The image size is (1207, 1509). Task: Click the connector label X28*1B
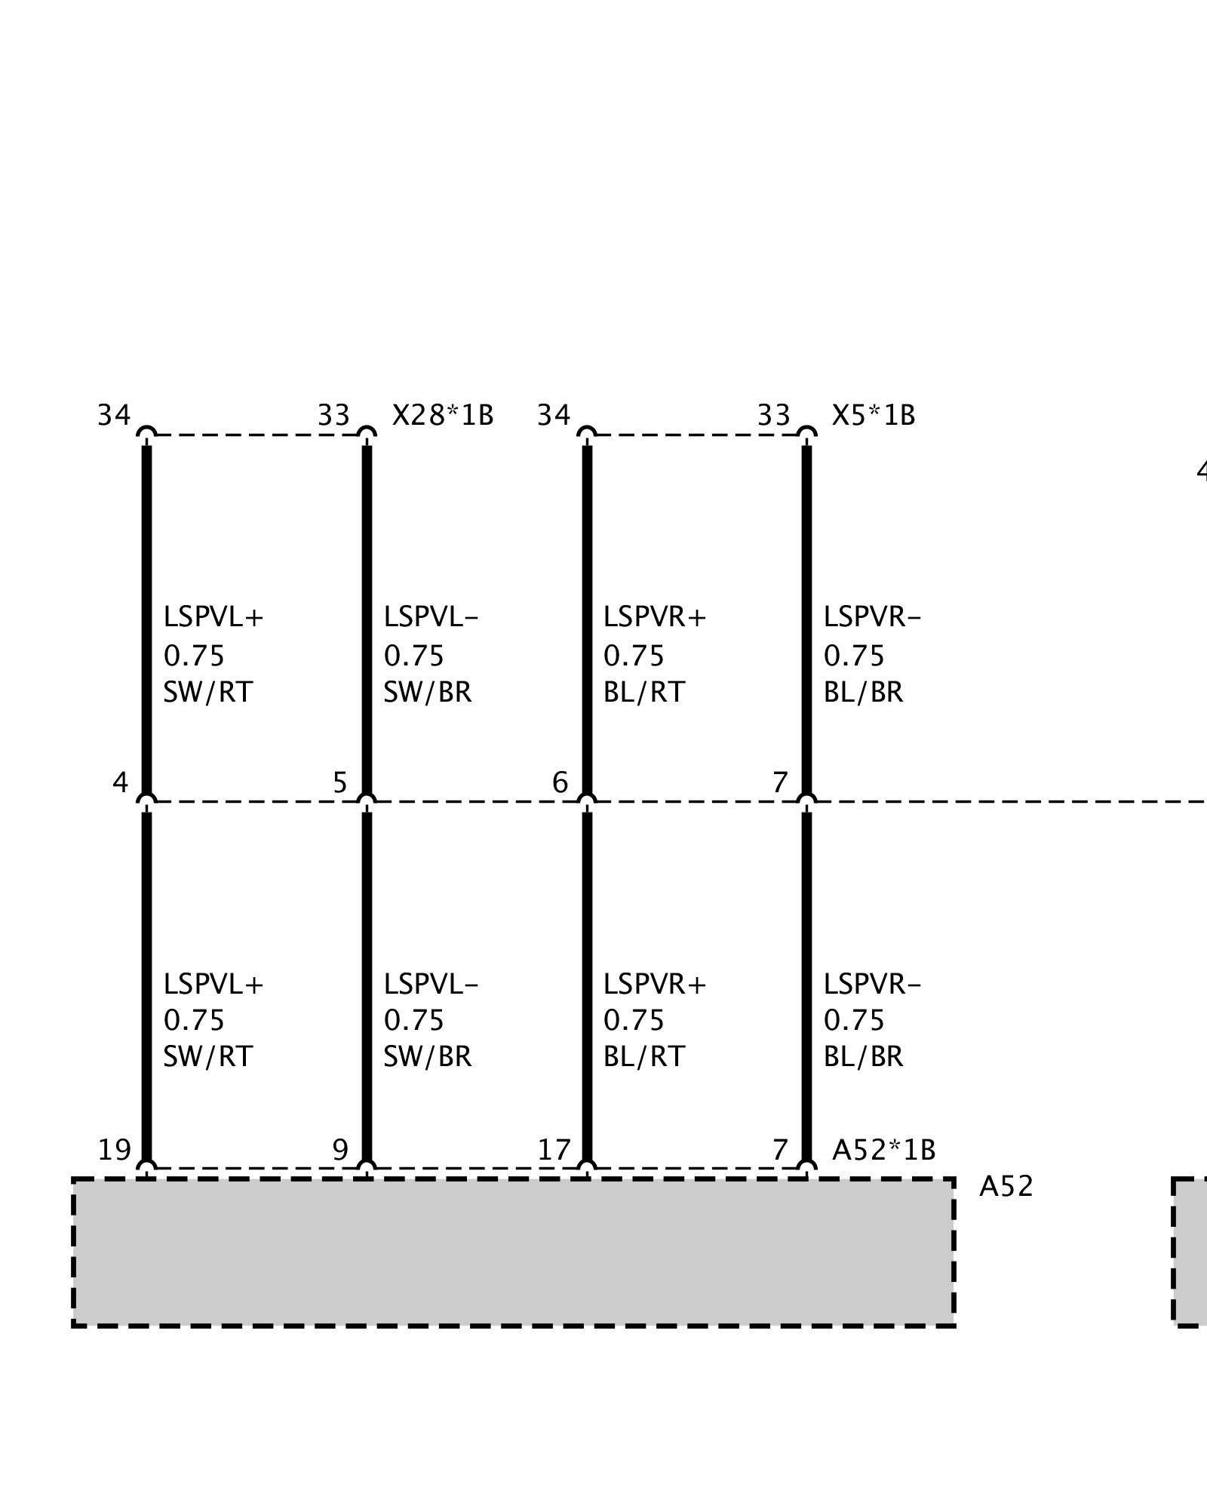click(x=442, y=416)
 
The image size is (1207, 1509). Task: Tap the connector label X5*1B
click(x=873, y=416)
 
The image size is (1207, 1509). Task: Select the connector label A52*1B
click(x=883, y=1150)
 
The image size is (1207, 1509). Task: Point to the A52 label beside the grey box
click(x=1006, y=1187)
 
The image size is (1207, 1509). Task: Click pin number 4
click(x=120, y=783)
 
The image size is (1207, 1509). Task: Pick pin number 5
click(x=340, y=783)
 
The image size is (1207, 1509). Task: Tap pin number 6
click(x=560, y=783)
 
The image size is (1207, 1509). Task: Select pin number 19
click(x=115, y=1150)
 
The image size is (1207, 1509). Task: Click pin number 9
click(x=340, y=1150)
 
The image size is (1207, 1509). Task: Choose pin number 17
click(x=554, y=1150)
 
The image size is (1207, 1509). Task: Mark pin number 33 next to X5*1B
click(x=773, y=416)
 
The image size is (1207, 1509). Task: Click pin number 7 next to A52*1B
click(x=780, y=1150)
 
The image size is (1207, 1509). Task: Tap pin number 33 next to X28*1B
click(x=333, y=416)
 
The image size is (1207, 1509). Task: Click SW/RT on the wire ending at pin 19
click(x=207, y=1057)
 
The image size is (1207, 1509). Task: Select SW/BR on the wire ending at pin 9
click(x=427, y=1057)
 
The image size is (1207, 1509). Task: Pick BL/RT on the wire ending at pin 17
click(x=643, y=1057)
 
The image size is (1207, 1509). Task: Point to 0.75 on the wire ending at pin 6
click(x=634, y=656)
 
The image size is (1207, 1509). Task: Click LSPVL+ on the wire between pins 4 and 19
click(x=213, y=985)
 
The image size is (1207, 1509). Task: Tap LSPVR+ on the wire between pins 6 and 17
click(x=654, y=985)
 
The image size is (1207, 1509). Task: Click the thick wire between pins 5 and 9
click(x=367, y=981)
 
